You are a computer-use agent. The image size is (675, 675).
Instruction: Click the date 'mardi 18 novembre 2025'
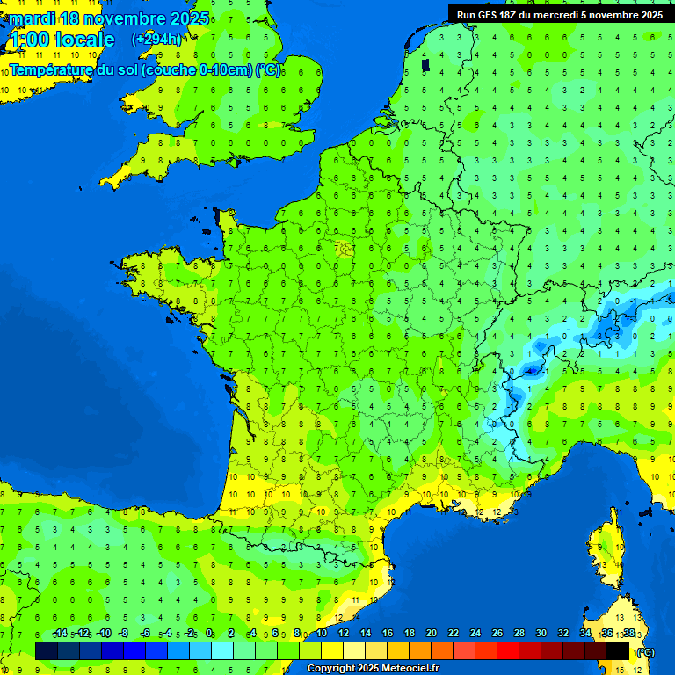pos(109,18)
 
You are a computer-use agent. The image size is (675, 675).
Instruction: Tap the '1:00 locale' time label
pos(61,40)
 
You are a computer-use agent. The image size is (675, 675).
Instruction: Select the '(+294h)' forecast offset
pos(156,40)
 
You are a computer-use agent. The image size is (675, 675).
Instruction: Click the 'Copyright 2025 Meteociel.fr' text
pos(373,668)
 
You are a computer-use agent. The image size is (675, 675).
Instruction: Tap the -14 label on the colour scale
pos(60,633)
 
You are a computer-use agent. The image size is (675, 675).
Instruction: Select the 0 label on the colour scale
pos(209,633)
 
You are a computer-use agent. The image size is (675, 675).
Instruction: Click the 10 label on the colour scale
pos(321,633)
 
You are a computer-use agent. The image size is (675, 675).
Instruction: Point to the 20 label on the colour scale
pos(431,633)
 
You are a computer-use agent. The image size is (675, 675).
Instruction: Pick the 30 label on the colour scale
pos(541,633)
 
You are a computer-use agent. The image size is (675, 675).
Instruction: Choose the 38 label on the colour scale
pos(628,633)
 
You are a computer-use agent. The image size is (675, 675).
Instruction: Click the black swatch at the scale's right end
pos(618,650)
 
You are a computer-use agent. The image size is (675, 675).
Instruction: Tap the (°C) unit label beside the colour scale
pos(645,651)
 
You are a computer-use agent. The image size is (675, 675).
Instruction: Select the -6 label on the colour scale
pos(145,633)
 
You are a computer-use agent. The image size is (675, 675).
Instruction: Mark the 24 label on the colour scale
pos(475,633)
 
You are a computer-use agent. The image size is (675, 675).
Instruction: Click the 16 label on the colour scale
pos(387,633)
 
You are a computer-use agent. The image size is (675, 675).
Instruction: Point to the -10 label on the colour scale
pos(103,633)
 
